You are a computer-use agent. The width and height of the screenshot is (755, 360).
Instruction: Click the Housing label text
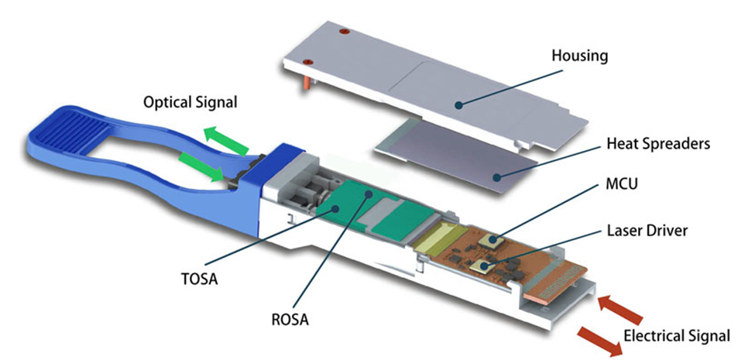point(579,56)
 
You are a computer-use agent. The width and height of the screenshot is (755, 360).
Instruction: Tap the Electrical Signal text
point(676,336)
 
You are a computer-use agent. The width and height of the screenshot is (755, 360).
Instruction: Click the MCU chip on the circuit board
point(489,241)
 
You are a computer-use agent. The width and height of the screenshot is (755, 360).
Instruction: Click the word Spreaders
point(667,144)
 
